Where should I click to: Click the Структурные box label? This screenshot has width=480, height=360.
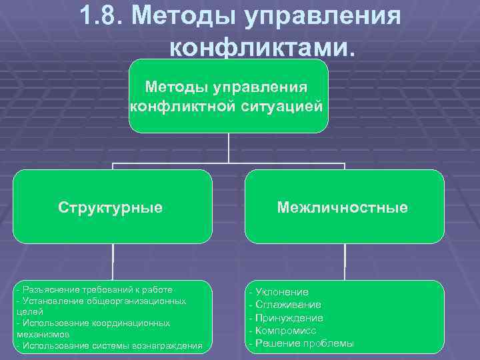[110, 207]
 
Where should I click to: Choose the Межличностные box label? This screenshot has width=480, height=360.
[343, 207]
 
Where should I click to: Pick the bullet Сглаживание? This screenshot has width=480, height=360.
[285, 305]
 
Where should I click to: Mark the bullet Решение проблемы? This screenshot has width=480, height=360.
[301, 343]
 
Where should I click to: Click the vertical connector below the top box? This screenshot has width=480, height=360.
[229, 148]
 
